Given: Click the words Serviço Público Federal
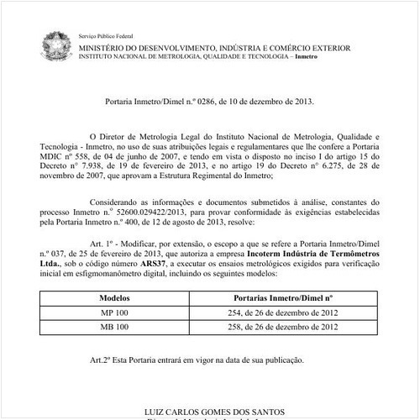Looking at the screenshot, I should [x=106, y=39].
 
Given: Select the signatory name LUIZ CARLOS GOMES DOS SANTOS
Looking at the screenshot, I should [x=210, y=412].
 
